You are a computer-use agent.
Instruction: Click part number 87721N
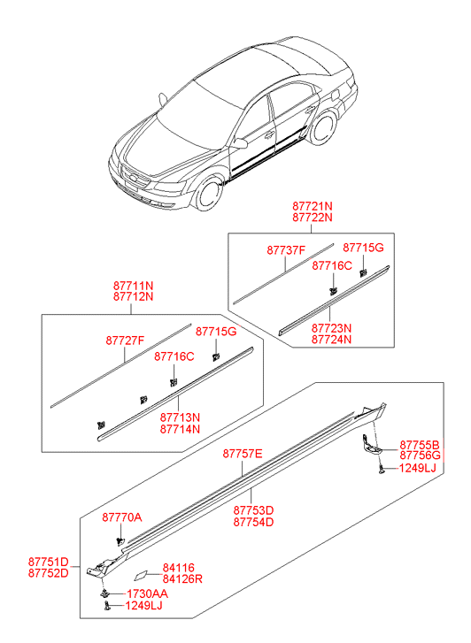point(313,206)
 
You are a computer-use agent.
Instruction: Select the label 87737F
point(286,249)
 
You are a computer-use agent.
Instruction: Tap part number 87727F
point(125,341)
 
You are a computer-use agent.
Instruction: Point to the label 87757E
point(243,454)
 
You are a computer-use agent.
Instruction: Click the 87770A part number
point(122,517)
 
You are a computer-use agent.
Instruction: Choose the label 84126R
point(182,579)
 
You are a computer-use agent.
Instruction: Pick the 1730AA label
point(147,593)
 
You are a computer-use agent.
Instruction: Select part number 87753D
point(253,510)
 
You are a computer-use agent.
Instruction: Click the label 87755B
point(420,445)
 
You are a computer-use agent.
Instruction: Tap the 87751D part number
point(48,562)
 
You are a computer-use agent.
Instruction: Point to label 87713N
point(180,417)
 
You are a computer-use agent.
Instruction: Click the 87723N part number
point(331,328)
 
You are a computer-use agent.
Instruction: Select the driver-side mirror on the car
point(240,143)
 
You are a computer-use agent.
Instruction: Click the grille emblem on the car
point(133,177)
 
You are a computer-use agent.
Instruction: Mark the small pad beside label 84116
point(141,575)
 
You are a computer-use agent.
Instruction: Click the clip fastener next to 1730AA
point(105,593)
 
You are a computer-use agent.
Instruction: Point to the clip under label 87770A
point(120,541)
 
